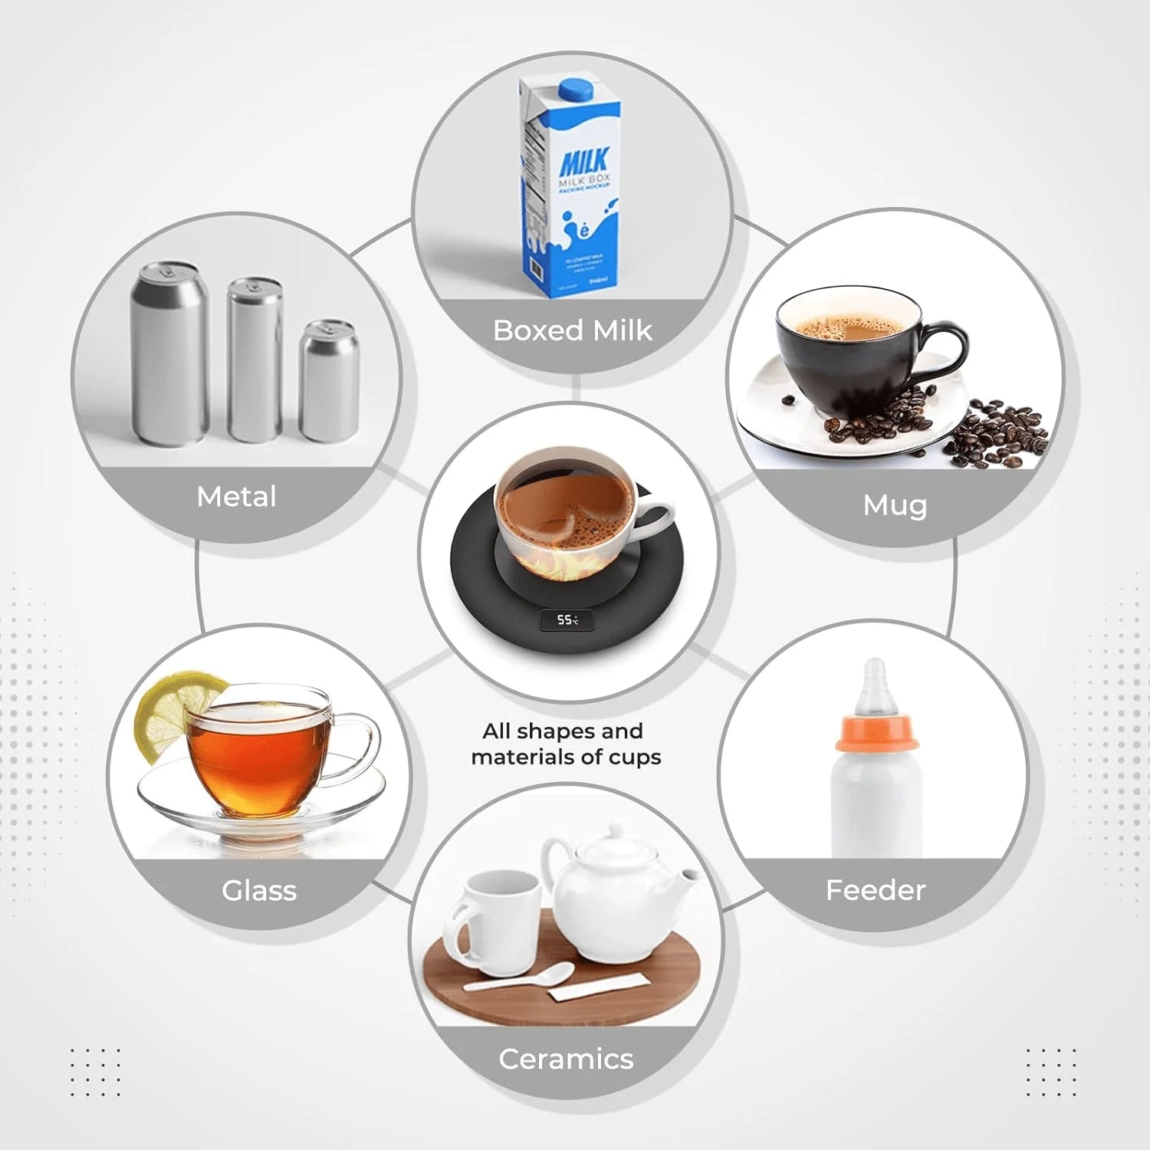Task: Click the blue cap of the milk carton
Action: [577, 89]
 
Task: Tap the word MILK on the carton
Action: [584, 162]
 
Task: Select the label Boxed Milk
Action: [572, 330]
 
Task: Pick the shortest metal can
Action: [329, 381]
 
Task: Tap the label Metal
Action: [236, 497]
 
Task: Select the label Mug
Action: [895, 505]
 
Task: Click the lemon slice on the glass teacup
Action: [172, 709]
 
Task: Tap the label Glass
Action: [259, 891]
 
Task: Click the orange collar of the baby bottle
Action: [876, 733]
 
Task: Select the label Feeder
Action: [876, 890]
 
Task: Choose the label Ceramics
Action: [566, 1059]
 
